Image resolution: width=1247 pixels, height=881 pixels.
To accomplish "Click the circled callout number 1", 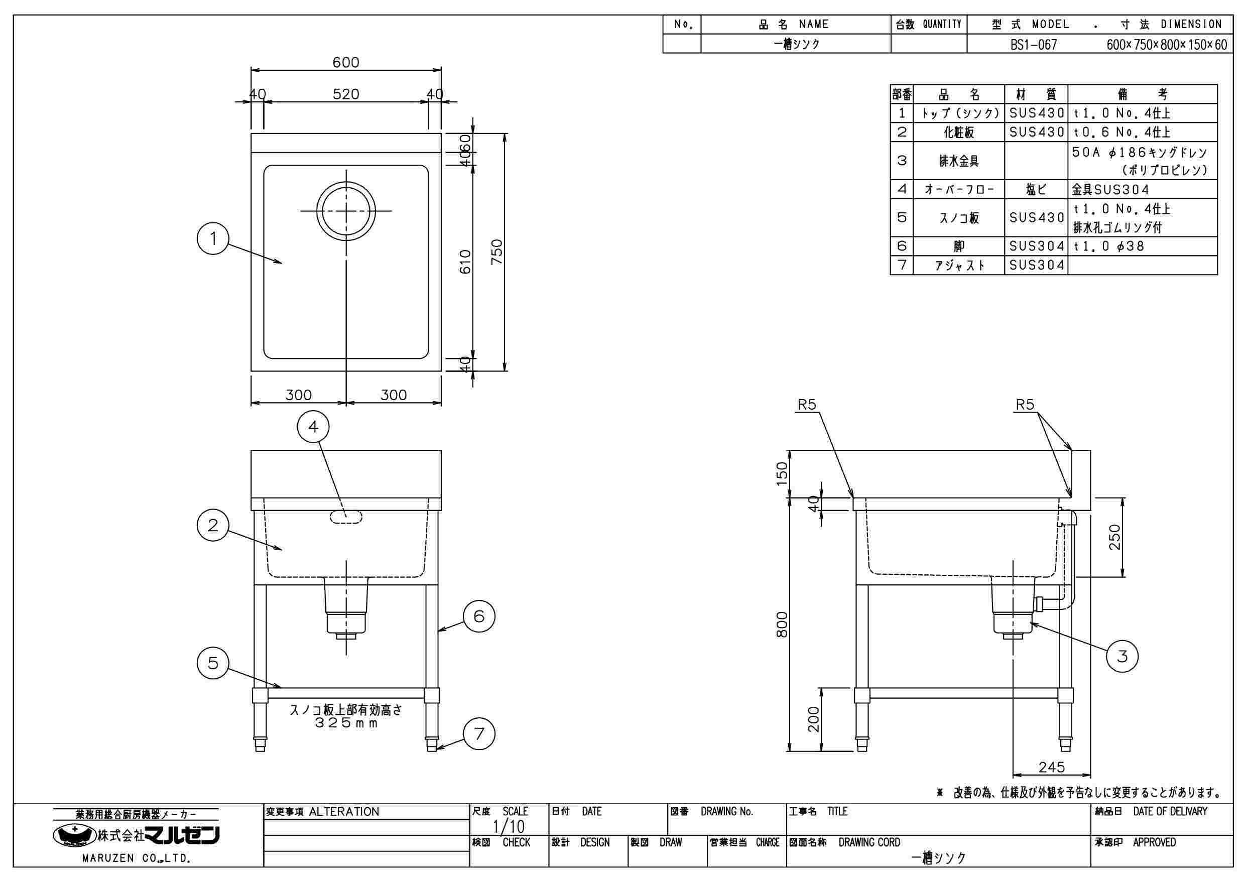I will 213,238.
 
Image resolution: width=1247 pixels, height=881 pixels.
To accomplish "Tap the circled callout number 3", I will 1122,656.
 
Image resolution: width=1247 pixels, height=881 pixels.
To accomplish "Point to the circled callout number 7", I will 478,734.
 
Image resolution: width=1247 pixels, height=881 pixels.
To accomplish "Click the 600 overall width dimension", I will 346,62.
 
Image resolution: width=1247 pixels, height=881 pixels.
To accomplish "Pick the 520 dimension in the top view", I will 346,94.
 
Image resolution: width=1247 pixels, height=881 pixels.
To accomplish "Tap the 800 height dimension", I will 782,624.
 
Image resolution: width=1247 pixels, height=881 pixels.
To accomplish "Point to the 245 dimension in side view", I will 1052,767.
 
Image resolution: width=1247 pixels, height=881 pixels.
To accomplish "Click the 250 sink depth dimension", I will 1114,537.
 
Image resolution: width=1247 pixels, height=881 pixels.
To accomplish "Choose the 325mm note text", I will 346,723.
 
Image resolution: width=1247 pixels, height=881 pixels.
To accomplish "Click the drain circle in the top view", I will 346,210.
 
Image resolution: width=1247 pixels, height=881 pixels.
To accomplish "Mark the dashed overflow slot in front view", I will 346,517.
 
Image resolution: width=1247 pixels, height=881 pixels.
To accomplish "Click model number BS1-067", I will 1034,45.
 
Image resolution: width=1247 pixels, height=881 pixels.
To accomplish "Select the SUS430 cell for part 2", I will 1036,132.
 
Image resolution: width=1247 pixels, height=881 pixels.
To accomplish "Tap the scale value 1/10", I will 509,827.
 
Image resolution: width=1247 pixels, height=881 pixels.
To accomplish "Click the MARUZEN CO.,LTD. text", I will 136,859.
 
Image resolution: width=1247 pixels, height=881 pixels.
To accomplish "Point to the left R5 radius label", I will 807,405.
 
